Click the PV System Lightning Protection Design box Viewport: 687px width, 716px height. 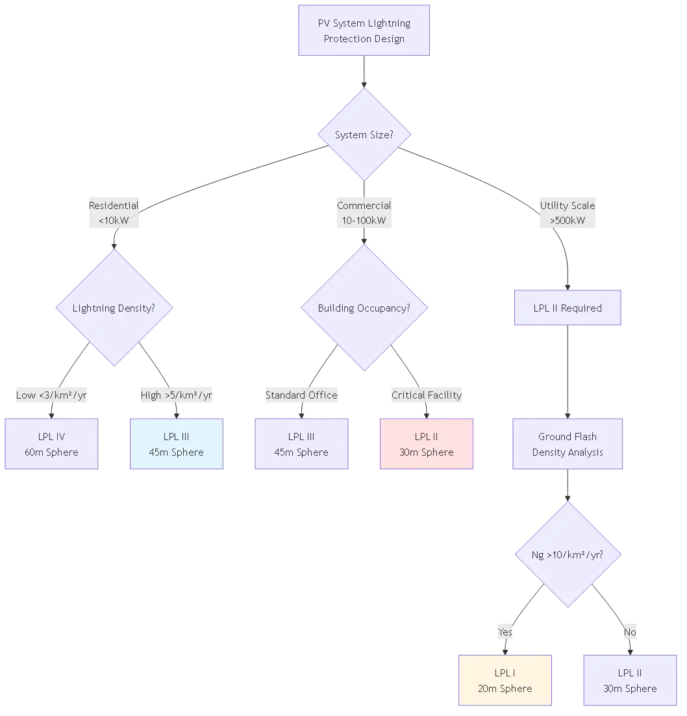364,31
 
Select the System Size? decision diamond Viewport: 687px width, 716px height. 364,135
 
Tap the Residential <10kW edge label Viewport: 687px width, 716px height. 114,213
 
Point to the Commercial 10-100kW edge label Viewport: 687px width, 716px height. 364,213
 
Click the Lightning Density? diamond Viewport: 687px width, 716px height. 114,308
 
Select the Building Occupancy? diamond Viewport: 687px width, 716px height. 364,308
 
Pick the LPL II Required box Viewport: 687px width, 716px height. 568,308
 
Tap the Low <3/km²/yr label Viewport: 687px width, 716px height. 51,395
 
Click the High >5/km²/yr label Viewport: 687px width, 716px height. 177,395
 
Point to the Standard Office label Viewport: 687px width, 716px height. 301,395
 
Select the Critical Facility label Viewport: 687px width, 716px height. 427,395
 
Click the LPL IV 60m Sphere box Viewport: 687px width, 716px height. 51,444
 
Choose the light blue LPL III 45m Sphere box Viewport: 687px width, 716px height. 177,444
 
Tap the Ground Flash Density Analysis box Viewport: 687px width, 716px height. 568,444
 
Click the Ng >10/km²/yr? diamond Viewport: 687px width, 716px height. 568,555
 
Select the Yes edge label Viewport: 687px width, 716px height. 505,632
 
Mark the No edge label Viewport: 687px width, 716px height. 630,632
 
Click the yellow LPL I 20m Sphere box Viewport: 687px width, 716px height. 505,680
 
